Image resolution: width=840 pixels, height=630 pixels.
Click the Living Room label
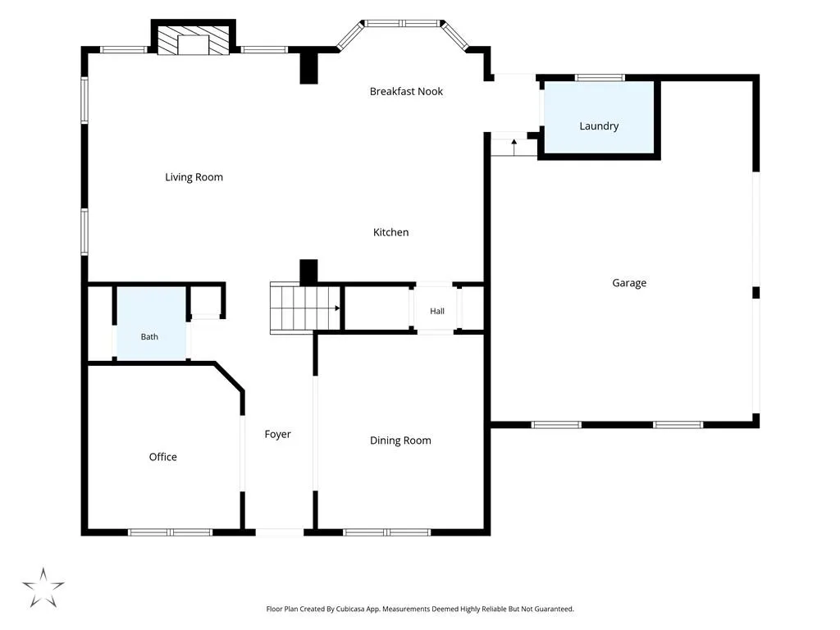click(194, 177)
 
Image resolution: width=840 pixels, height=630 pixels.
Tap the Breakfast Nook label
click(406, 92)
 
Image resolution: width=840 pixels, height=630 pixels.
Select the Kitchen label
click(391, 232)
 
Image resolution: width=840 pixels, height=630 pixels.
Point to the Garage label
click(629, 283)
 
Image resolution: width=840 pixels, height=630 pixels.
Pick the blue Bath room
click(151, 323)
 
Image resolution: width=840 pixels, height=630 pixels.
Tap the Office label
click(163, 457)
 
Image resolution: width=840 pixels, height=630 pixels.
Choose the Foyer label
click(277, 435)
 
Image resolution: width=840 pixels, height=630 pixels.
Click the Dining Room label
click(400, 441)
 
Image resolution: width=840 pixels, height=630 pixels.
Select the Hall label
click(437, 311)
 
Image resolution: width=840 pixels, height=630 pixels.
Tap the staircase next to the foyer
click(305, 308)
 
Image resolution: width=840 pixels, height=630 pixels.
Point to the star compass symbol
click(43, 587)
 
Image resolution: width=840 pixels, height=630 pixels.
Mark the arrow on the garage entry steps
click(514, 147)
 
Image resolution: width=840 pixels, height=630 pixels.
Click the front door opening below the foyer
click(280, 532)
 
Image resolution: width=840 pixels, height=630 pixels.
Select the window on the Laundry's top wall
click(600, 78)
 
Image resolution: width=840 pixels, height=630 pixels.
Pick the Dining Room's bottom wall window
click(387, 532)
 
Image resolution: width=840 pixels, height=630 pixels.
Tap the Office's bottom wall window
click(171, 532)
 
